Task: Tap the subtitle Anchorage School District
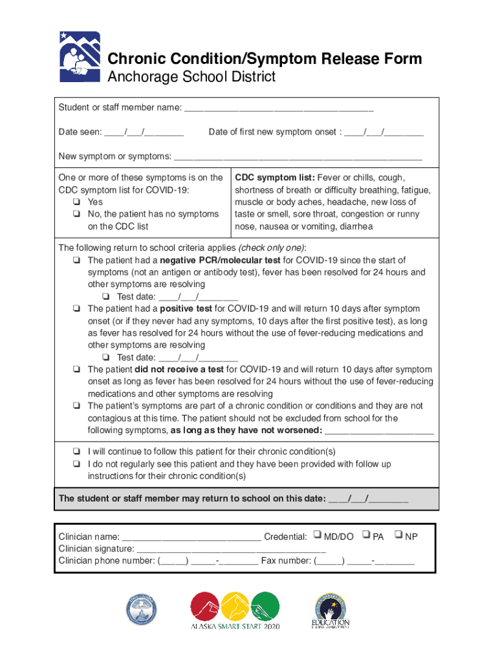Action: (x=191, y=78)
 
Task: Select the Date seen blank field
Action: (x=144, y=133)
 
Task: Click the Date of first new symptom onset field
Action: (x=384, y=133)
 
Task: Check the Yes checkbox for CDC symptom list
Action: (x=76, y=202)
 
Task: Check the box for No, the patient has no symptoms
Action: (x=76, y=214)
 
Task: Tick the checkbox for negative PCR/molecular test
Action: (x=76, y=261)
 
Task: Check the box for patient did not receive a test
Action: (x=76, y=370)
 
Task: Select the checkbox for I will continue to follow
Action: (x=76, y=452)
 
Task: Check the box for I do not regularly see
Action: (x=76, y=464)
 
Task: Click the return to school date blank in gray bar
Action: (x=369, y=499)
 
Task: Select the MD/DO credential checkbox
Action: (x=317, y=535)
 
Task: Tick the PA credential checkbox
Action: (x=366, y=535)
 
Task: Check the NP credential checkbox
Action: (x=398, y=535)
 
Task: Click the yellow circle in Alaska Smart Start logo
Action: (x=235, y=608)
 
